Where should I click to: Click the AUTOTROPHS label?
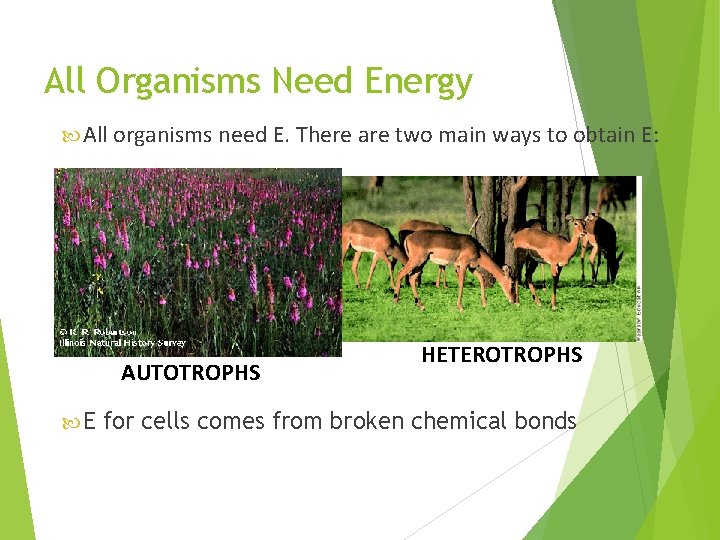190,374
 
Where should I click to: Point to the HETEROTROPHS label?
501,355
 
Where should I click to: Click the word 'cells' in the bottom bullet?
167,421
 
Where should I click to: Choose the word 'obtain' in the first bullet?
602,135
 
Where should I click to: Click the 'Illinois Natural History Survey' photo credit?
120,343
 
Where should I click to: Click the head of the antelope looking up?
581,221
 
